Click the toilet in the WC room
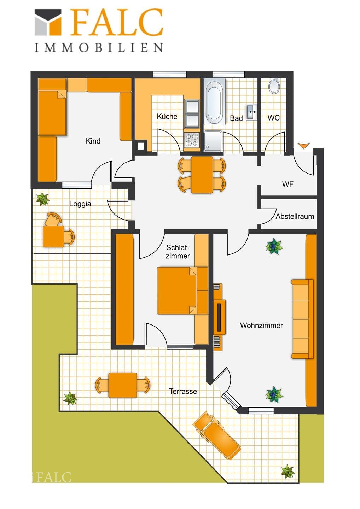point(274,86)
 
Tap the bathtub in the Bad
point(215,101)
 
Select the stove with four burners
point(192,140)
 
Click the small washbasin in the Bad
point(252,112)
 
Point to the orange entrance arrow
point(304,146)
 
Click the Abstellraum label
point(295,216)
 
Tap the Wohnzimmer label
point(261,326)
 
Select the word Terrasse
point(183,391)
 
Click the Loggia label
point(80,204)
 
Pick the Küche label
point(167,117)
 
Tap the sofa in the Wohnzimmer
point(302,319)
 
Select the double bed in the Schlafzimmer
point(183,291)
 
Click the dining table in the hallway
point(202,175)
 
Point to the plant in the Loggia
point(42,199)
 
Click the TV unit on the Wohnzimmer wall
point(219,317)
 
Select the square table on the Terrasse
point(122,385)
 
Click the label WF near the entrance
point(288,184)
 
